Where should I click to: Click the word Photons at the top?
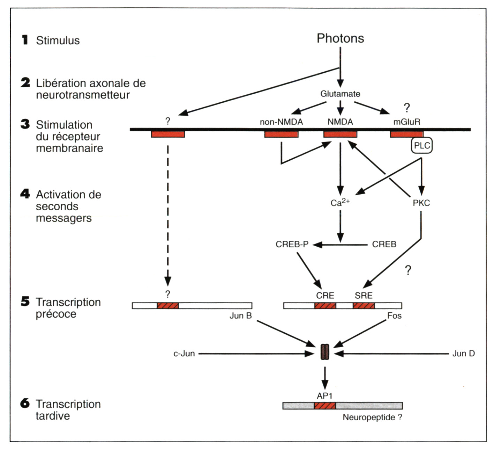point(340,38)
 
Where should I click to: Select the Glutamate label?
point(340,94)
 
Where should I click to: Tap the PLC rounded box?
point(422,145)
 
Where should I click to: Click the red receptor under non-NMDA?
point(281,134)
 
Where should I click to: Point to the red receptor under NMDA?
point(340,134)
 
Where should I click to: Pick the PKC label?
point(421,203)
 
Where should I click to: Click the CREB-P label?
point(292,244)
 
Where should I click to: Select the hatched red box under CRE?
point(325,306)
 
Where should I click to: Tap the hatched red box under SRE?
point(364,306)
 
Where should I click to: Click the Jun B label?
point(240,316)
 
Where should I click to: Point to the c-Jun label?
point(184,354)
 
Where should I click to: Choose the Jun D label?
point(463,354)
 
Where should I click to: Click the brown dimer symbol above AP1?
point(325,352)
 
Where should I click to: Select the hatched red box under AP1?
point(325,406)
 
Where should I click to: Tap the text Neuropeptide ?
point(372,417)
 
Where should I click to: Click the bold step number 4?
point(25,194)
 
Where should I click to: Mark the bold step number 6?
point(25,404)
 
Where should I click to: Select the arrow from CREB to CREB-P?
point(340,245)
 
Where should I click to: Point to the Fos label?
point(394,316)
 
